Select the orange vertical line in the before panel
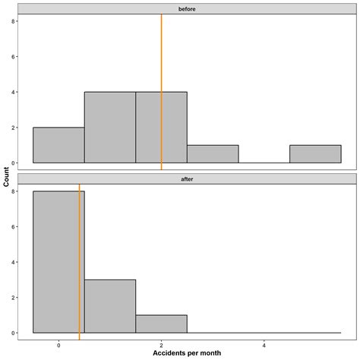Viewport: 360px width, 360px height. point(162,76)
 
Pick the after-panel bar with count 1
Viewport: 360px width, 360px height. point(161,324)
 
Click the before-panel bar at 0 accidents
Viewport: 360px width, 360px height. point(58,145)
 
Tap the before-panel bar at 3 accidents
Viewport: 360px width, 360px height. point(213,154)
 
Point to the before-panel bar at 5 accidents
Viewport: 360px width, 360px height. point(315,154)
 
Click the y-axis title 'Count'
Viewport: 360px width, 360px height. point(7,180)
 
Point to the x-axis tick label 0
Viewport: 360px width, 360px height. point(58,343)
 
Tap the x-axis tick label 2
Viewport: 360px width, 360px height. point(161,343)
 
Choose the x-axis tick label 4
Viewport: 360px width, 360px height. point(264,343)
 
